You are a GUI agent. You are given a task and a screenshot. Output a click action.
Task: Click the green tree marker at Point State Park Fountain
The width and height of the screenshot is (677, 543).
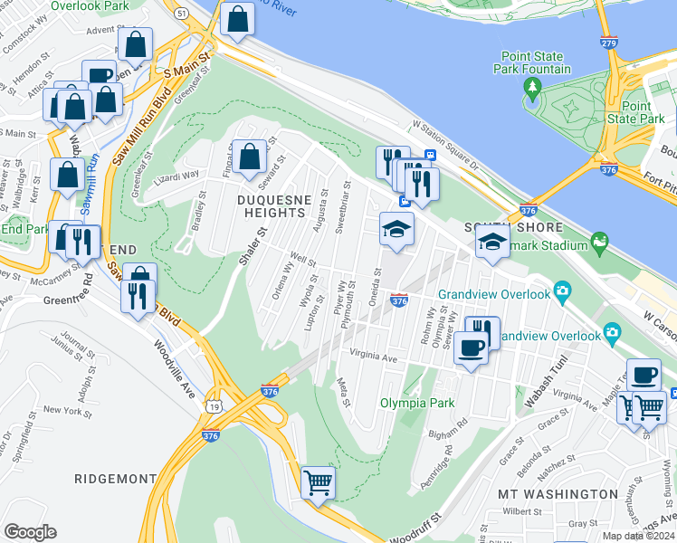(x=532, y=89)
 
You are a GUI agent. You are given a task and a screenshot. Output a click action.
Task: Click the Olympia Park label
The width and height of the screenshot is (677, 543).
(x=416, y=402)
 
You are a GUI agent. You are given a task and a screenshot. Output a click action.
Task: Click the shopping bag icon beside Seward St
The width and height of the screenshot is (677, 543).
(x=249, y=157)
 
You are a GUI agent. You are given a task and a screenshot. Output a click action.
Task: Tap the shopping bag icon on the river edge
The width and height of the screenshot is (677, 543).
(x=236, y=20)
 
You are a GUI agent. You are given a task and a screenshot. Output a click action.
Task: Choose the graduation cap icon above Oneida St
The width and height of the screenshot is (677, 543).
(x=396, y=230)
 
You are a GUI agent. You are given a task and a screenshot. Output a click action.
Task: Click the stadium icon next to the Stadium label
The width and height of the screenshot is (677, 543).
(x=598, y=242)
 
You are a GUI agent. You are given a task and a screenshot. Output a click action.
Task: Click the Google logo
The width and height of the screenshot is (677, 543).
(x=30, y=532)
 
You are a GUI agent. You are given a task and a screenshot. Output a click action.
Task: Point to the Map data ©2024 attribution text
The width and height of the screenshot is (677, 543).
(x=637, y=536)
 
